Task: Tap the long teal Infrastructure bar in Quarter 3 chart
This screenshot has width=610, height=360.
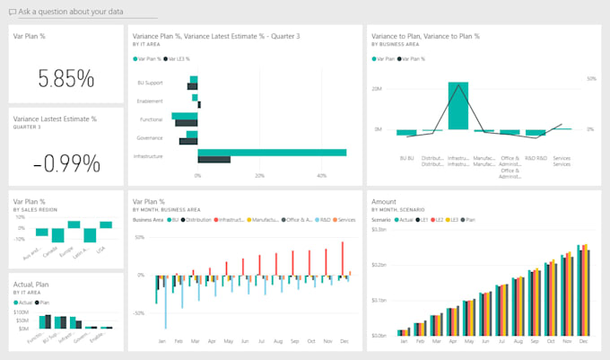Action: (272, 153)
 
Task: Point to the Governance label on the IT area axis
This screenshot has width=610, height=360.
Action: (150, 138)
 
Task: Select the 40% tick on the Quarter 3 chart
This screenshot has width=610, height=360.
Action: (321, 175)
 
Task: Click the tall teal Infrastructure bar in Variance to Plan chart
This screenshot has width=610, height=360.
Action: (457, 107)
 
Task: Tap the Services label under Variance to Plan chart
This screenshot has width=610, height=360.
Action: (562, 161)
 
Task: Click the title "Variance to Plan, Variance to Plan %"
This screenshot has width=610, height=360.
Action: (424, 36)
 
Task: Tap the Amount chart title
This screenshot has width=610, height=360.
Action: (384, 202)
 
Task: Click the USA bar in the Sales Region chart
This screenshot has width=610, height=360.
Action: (106, 224)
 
